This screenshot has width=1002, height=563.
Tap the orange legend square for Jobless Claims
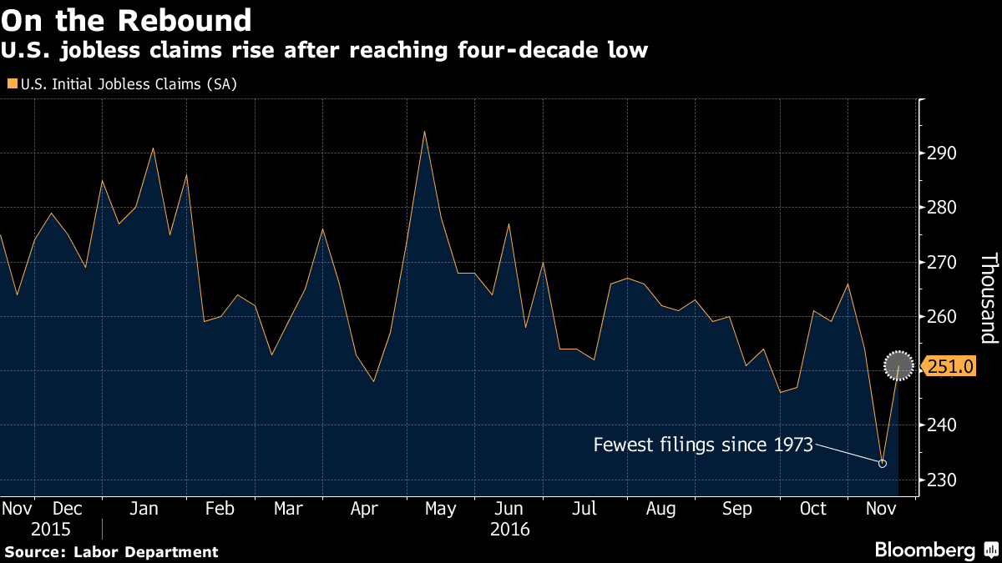(x=11, y=84)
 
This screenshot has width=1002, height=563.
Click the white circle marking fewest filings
(x=883, y=463)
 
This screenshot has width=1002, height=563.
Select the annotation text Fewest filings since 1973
(x=703, y=445)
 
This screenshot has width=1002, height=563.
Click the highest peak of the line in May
(x=424, y=131)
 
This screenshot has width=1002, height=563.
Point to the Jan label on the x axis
(x=145, y=509)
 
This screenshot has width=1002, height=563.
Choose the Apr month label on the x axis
(x=364, y=509)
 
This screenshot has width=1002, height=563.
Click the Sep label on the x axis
(x=736, y=509)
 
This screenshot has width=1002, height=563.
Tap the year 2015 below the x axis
(x=51, y=529)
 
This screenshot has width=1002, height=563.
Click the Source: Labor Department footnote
(x=111, y=551)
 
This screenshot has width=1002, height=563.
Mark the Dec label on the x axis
(x=68, y=509)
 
